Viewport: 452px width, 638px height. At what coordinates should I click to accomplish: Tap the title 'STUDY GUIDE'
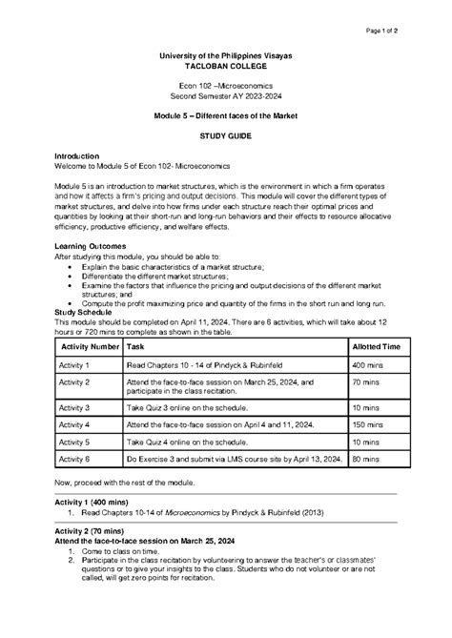[226, 138]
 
